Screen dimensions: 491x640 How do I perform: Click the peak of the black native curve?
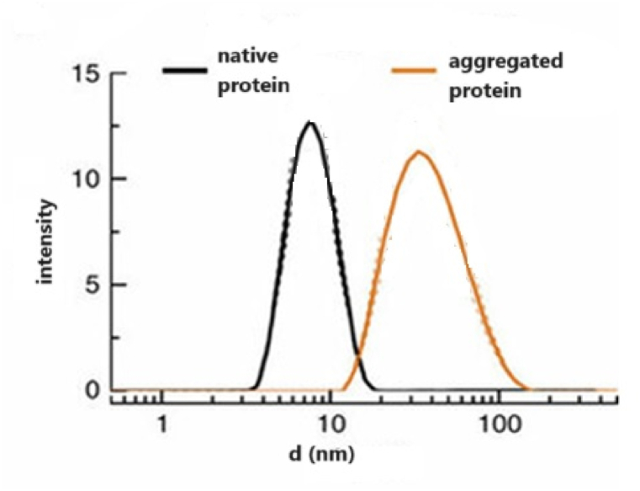pos(309,123)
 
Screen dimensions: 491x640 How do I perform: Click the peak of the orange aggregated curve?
pos(418,152)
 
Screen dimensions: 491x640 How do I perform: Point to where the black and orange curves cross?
pos(357,357)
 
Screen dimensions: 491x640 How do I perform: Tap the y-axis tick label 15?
pos(87,75)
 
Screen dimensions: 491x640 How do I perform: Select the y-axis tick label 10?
pos(87,179)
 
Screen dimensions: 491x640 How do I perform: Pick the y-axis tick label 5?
pos(93,285)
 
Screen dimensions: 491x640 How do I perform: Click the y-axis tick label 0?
pos(93,390)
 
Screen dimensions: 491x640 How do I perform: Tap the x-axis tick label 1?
pos(162,422)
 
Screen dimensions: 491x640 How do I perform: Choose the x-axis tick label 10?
pos(331,422)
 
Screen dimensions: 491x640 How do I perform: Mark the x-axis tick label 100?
pos(499,422)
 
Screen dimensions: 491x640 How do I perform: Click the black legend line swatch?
pos(188,69)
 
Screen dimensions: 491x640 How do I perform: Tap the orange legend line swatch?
pos(415,69)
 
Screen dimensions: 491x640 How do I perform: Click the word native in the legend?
pos(249,56)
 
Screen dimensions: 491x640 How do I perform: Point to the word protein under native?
pos(251,86)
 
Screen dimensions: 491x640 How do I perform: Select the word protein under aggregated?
pos(485,91)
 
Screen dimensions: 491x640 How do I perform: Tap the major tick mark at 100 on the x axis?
pos(499,397)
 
